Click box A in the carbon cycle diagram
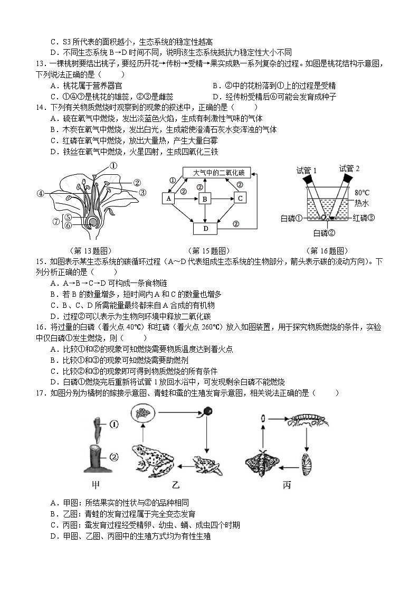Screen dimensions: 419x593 [169, 199]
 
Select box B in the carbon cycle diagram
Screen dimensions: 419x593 [204, 199]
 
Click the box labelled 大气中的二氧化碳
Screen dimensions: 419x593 [217, 173]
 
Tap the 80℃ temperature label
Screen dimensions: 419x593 [362, 193]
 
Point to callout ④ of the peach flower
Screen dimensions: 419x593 [40, 193]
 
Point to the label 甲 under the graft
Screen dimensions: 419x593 [96, 485]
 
